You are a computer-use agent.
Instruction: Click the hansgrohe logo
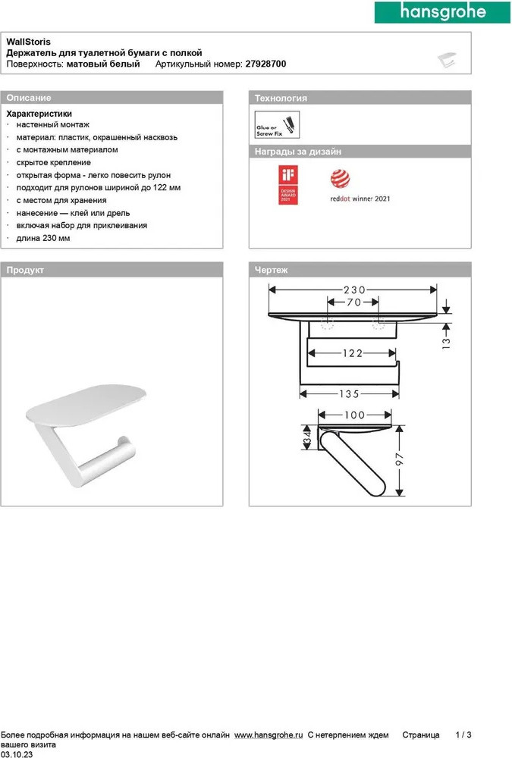pyautogui.click(x=441, y=12)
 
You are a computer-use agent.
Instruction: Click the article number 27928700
pyautogui.click(x=265, y=65)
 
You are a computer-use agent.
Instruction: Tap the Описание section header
pyautogui.click(x=29, y=98)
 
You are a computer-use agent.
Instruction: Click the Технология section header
pyautogui.click(x=281, y=98)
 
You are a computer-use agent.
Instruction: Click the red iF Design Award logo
pyautogui.click(x=287, y=186)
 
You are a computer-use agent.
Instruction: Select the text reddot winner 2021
pyautogui.click(x=360, y=199)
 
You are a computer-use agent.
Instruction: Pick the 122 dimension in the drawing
pyautogui.click(x=352, y=353)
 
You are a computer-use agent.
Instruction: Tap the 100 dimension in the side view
pyautogui.click(x=353, y=415)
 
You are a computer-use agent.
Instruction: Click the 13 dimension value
pyautogui.click(x=446, y=342)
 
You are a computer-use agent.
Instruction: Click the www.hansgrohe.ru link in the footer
pyautogui.click(x=269, y=735)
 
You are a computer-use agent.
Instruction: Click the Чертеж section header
pyautogui.click(x=272, y=270)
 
